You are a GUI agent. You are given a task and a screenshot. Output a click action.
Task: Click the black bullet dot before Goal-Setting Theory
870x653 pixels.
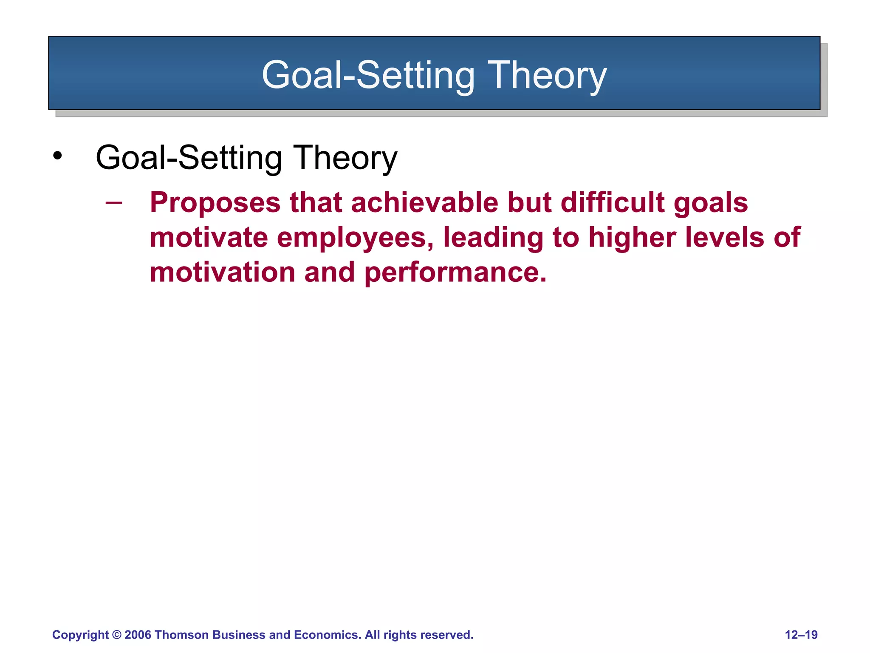click(x=57, y=156)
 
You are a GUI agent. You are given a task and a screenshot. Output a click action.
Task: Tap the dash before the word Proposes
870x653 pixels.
click(x=113, y=203)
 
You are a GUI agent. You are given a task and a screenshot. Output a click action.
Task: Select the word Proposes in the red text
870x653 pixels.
click(x=215, y=203)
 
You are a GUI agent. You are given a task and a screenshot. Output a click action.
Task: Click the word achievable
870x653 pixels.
click(x=424, y=203)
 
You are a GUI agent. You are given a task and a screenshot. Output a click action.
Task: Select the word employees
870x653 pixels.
click(x=355, y=238)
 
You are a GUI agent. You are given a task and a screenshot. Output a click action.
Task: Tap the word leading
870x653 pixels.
click(x=493, y=238)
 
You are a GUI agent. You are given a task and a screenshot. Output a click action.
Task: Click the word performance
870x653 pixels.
click(x=455, y=273)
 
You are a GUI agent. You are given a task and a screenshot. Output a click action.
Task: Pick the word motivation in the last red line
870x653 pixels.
click(x=222, y=272)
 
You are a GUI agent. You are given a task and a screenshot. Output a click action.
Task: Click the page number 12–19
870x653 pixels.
click(x=801, y=635)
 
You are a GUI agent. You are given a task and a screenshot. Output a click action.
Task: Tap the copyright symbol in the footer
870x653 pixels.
click(x=116, y=635)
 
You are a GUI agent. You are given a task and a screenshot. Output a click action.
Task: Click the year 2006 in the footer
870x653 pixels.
click(x=138, y=635)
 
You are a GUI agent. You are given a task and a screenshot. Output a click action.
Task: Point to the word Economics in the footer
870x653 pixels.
click(x=327, y=635)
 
